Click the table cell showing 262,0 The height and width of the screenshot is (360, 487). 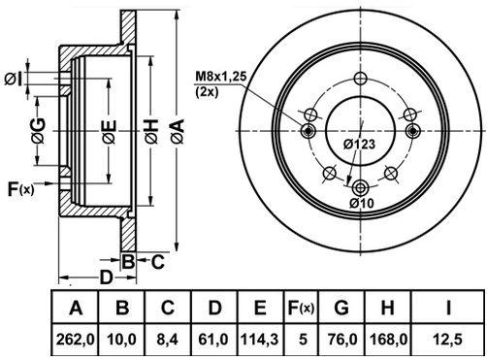[x=75, y=340]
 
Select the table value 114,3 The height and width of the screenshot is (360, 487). [x=261, y=340]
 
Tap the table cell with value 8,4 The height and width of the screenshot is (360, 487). [x=168, y=340]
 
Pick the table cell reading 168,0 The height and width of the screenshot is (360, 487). [x=388, y=340]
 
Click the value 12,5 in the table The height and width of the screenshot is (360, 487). [x=448, y=340]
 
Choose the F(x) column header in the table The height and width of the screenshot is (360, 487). [x=301, y=308]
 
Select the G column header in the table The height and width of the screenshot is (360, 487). [x=341, y=308]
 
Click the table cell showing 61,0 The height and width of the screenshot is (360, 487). [x=214, y=340]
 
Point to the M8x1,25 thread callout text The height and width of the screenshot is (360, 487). [x=221, y=77]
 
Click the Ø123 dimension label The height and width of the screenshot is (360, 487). [x=359, y=145]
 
